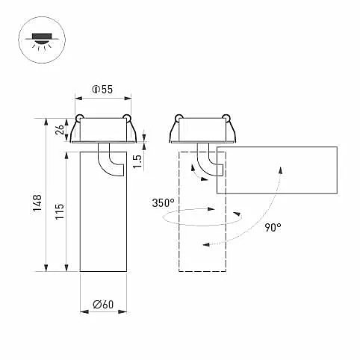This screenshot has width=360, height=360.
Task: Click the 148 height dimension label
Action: [x=37, y=203]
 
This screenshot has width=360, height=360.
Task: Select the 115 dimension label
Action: [x=60, y=211]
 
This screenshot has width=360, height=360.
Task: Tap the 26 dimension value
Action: [x=60, y=130]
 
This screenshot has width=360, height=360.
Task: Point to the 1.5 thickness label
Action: [x=137, y=161]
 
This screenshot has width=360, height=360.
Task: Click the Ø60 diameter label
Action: [x=103, y=304]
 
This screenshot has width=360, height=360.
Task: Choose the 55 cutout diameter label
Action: [x=102, y=90]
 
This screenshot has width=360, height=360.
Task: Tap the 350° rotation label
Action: [x=164, y=203]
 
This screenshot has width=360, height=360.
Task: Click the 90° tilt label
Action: [x=273, y=227]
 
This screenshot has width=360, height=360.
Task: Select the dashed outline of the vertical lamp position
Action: [x=179, y=211]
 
